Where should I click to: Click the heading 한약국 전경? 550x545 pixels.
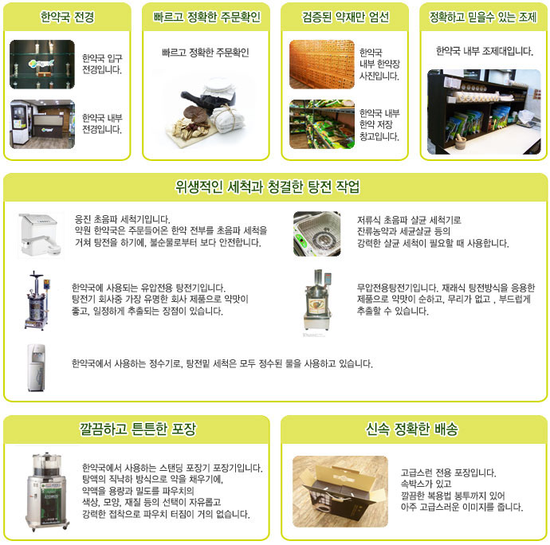click(x=67, y=17)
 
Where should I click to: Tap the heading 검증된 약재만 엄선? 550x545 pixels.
click(x=345, y=17)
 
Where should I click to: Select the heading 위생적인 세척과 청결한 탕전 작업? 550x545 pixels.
click(x=268, y=186)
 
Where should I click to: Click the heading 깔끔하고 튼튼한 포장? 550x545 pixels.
click(x=137, y=429)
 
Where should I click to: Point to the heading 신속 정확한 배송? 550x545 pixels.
click(x=412, y=429)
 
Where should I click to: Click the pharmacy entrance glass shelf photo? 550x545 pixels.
click(x=42, y=65)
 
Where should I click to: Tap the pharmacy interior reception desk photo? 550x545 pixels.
click(x=42, y=124)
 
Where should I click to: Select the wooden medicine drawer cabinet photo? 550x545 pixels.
click(x=322, y=65)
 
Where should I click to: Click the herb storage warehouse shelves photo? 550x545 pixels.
click(x=322, y=124)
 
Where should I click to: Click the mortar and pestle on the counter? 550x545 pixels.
click(x=461, y=142)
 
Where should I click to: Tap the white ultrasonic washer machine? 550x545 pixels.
click(x=40, y=235)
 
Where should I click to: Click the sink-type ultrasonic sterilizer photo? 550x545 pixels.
click(x=316, y=233)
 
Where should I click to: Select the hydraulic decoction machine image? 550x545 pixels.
click(x=37, y=300)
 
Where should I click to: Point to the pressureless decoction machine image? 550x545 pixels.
click(x=318, y=300)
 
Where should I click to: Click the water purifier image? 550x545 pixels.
click(x=37, y=367)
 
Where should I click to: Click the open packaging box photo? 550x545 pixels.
click(x=340, y=492)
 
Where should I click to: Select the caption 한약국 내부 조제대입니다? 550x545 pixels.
click(x=484, y=51)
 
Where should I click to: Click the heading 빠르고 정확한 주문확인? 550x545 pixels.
click(x=206, y=17)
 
